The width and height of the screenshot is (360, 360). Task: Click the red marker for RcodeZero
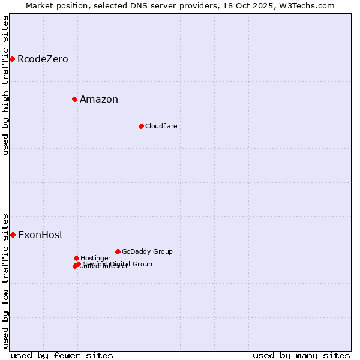12,59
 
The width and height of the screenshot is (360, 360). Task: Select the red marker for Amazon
74,99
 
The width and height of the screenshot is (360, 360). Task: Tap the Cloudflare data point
141,126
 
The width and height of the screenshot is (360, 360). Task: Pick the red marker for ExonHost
13,235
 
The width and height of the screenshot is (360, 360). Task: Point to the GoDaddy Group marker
118,251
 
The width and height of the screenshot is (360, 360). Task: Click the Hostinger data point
76,258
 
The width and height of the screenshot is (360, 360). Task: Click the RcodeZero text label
43,59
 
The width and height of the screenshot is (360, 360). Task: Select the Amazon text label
99,100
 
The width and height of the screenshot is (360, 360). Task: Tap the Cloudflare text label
161,126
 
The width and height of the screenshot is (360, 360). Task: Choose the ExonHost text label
40,235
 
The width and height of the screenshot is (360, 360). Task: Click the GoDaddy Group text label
147,251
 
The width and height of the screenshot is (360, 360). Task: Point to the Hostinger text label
95,258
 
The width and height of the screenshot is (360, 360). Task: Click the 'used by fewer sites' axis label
62,355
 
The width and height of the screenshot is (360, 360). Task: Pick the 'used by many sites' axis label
301,355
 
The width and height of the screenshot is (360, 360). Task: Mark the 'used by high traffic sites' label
5,85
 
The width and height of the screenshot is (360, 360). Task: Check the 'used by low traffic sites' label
5,280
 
